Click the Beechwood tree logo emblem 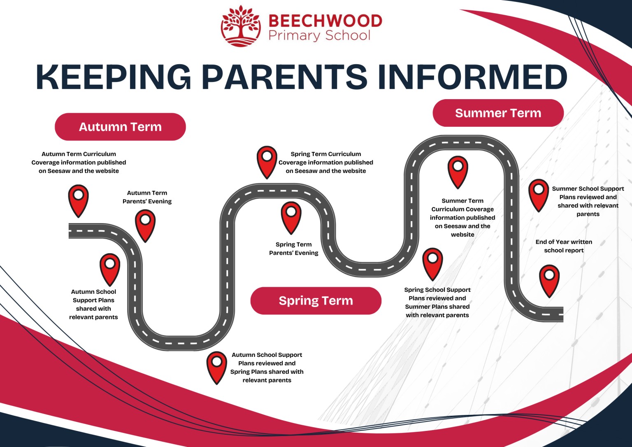pos(241,26)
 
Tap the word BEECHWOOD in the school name pos(325,21)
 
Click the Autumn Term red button pos(120,127)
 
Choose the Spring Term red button pos(316,301)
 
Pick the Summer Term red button pos(498,113)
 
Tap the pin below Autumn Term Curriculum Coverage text pos(78,199)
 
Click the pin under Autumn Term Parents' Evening pos(145,224)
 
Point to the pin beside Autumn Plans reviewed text pos(217,366)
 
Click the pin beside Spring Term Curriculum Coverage pos(267,161)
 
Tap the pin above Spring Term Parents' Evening pos(291,216)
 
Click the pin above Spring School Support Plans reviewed pos(432,263)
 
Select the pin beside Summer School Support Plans pos(539,194)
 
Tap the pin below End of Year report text pos(549,279)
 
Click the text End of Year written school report pos(564,246)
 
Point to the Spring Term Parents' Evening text pos(293,249)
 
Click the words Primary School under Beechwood pos(319,35)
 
